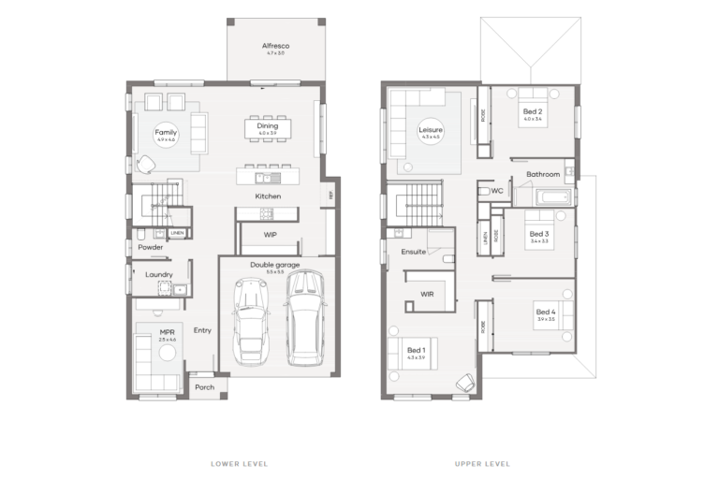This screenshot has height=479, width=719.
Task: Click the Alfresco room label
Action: (274, 45)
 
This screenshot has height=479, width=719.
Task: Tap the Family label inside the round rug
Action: (166, 133)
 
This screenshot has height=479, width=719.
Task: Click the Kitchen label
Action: (269, 196)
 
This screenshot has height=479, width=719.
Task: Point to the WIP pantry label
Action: (271, 234)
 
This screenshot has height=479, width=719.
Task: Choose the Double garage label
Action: (273, 265)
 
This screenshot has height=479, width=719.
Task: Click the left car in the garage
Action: (250, 323)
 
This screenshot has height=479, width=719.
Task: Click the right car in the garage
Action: (303, 318)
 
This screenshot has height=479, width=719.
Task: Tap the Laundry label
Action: (159, 274)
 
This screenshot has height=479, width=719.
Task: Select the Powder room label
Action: (150, 248)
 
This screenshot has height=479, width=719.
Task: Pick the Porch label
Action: (204, 387)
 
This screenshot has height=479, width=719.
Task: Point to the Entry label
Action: (202, 330)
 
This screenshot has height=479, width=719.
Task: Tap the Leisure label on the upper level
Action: (431, 130)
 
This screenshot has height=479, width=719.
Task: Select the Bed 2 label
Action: (534, 111)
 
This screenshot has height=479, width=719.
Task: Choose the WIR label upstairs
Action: (427, 294)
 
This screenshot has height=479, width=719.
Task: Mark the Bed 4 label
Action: (546, 312)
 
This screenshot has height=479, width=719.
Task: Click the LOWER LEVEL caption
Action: (241, 464)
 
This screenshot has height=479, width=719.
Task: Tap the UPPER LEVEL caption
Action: (482, 464)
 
